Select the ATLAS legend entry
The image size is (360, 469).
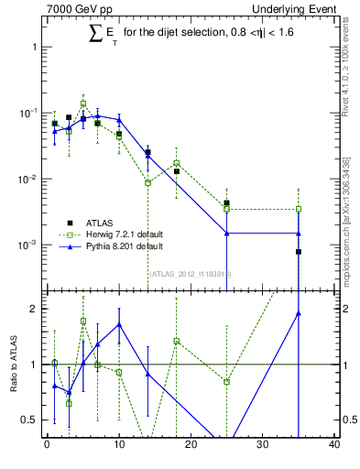click(x=97, y=223)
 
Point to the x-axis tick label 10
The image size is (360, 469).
click(x=119, y=445)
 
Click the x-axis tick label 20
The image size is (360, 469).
click(x=191, y=445)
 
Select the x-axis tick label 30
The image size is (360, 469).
click(x=263, y=445)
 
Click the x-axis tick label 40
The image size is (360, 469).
click(x=334, y=445)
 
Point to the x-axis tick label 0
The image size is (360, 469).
click(x=47, y=445)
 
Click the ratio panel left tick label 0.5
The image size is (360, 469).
click(x=30, y=420)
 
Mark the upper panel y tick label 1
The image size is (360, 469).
click(x=34, y=46)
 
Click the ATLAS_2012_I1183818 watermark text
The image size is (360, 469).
click(x=191, y=273)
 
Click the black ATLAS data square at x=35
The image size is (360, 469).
click(x=299, y=251)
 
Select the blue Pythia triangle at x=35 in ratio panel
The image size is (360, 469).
click(x=299, y=313)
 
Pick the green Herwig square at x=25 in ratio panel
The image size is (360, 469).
click(x=226, y=381)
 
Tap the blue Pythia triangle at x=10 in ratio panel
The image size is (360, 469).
click(x=119, y=324)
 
